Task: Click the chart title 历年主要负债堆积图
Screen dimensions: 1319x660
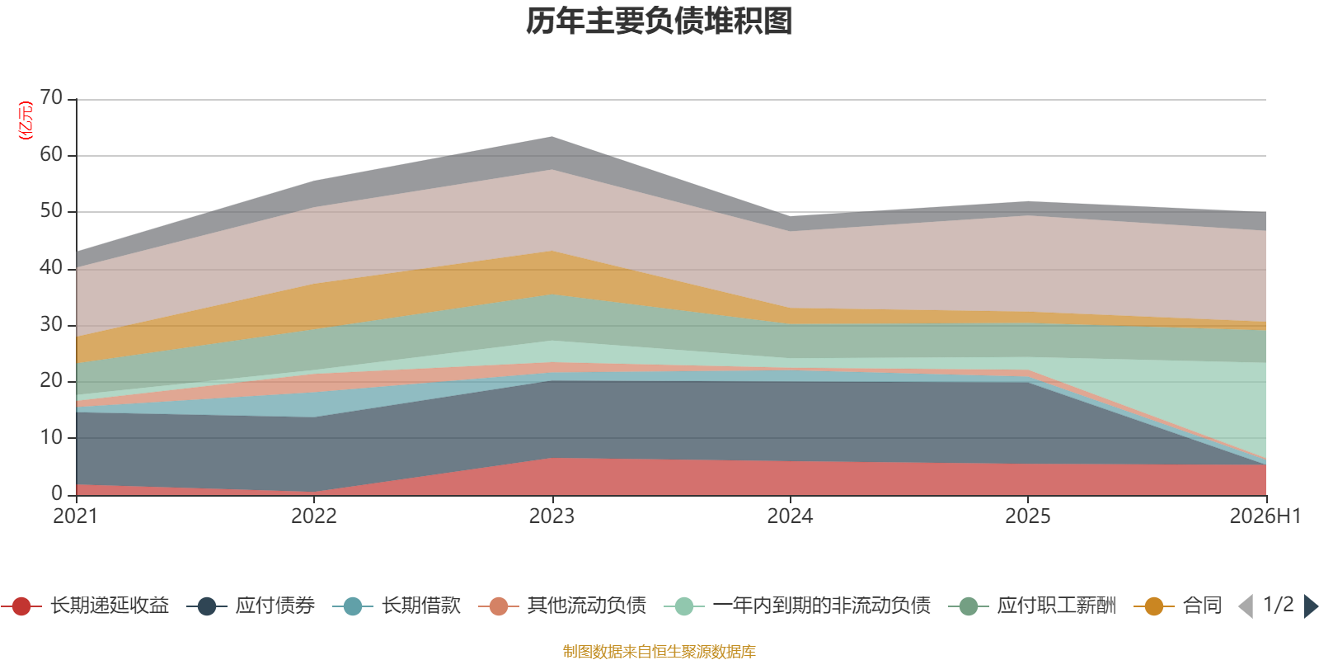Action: [659, 21]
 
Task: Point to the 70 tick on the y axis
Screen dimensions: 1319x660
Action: [51, 97]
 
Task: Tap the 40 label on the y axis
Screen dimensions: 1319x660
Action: [51, 267]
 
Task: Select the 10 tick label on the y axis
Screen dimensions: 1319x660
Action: [51, 437]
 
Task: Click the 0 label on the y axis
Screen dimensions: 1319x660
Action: [57, 493]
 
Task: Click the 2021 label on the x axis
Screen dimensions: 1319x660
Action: [75, 516]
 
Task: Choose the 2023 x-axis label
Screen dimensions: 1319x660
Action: [552, 516]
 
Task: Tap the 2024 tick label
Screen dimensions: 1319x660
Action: [790, 516]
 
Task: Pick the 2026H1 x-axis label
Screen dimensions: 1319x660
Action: [1265, 516]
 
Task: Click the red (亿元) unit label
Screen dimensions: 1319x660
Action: [26, 120]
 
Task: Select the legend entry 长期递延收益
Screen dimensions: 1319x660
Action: [86, 606]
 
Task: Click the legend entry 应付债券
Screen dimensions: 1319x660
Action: [251, 606]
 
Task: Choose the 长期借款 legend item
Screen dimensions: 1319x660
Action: [397, 606]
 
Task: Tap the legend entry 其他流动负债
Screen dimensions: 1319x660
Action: [562, 606]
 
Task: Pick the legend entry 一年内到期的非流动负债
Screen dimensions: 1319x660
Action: [796, 606]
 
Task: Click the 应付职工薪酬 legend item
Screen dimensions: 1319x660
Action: [1032, 606]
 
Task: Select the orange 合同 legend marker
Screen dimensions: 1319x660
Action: [1154, 606]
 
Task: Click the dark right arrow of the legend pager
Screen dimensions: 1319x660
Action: [1310, 606]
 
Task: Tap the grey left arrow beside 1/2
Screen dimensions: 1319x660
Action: [1246, 606]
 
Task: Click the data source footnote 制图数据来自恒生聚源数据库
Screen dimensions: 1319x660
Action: [659, 651]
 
